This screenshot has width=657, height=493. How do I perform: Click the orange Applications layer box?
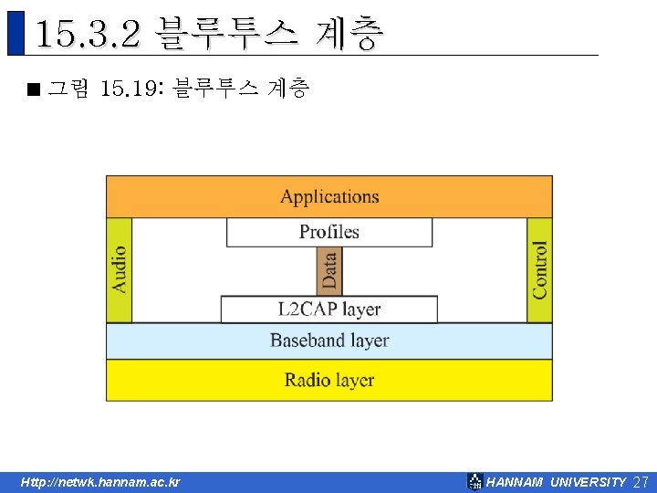click(328, 196)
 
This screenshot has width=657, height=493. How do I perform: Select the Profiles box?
click(328, 232)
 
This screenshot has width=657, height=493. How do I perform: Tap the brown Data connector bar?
click(329, 271)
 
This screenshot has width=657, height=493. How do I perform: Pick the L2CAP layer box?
click(328, 309)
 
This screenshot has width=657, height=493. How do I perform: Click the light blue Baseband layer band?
click(328, 341)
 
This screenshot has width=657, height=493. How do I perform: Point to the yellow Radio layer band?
click(328, 380)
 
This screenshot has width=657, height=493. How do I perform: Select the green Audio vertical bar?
click(120, 269)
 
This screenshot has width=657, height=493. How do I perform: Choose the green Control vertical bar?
click(540, 269)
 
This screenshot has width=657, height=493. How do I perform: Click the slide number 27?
click(641, 482)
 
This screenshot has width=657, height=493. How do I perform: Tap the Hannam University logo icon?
click(474, 482)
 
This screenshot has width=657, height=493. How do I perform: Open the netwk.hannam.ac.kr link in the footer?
click(100, 482)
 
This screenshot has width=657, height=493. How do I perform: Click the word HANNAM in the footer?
click(515, 482)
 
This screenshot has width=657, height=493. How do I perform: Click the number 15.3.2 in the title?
click(88, 34)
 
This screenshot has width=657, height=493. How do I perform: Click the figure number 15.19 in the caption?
click(128, 89)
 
